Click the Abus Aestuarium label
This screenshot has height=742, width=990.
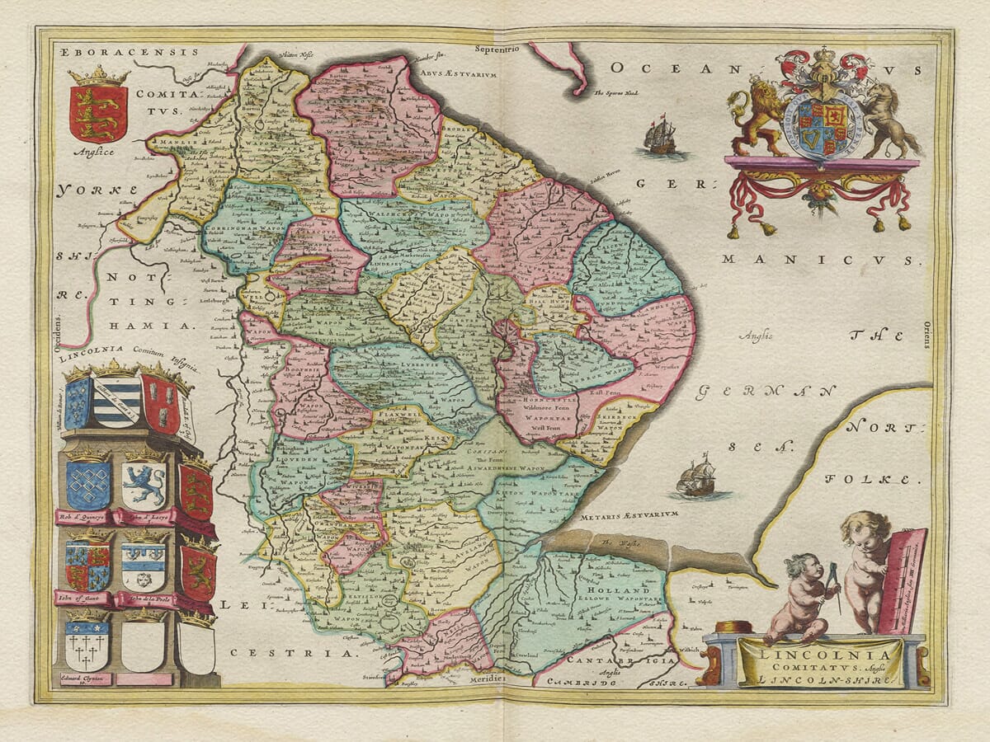point(450,74)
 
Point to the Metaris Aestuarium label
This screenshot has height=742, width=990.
point(633,514)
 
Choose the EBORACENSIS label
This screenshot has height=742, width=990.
point(130,51)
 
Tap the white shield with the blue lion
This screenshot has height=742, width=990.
point(143,484)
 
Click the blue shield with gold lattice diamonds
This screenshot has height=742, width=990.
point(88,484)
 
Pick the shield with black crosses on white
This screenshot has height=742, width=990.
point(87,643)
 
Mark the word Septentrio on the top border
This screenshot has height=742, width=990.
point(495,49)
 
